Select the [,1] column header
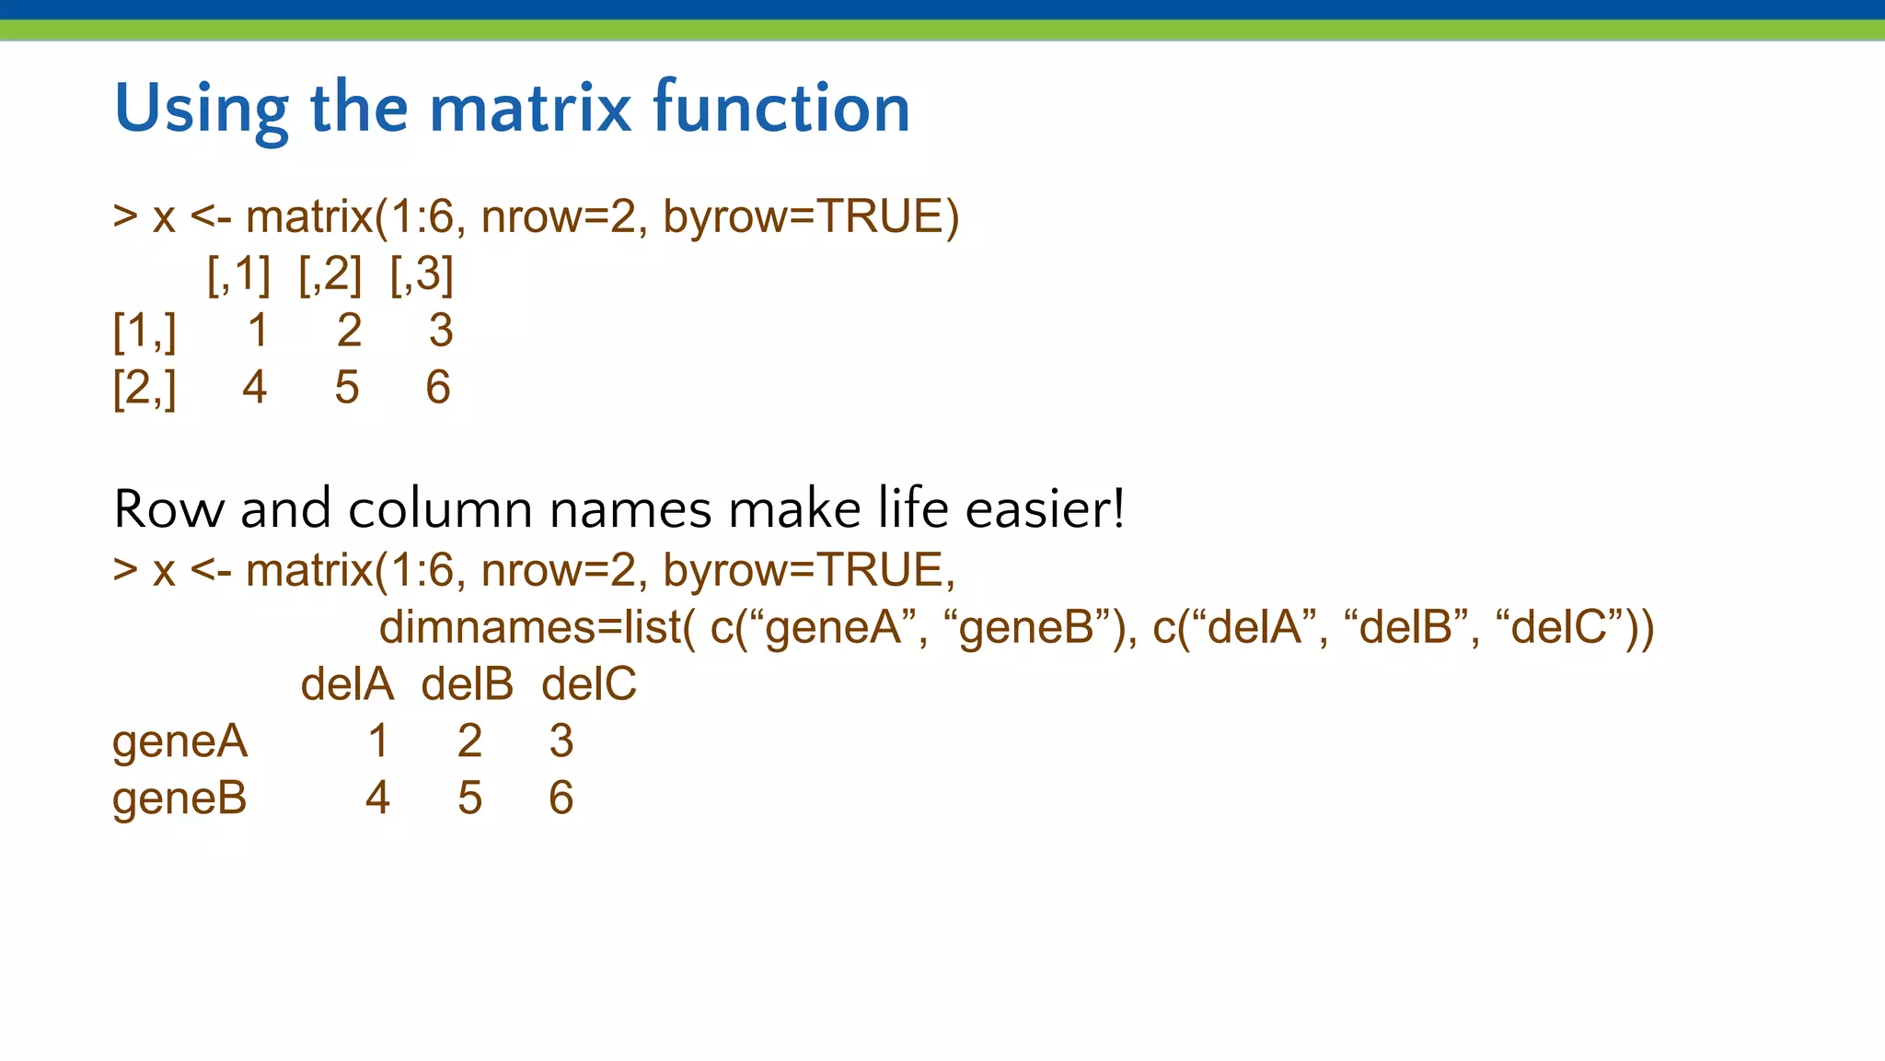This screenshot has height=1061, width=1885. click(238, 274)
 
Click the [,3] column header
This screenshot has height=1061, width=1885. click(422, 274)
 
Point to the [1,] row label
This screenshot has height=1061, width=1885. click(145, 331)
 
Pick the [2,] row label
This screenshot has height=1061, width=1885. click(145, 388)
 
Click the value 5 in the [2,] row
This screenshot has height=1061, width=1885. click(347, 388)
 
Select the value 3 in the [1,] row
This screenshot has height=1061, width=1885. click(441, 331)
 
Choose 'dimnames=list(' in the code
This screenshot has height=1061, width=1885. click(538, 628)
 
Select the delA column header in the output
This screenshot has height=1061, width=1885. click(347, 685)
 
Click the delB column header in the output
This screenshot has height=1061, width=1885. click(468, 685)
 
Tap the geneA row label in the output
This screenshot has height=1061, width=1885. click(179, 742)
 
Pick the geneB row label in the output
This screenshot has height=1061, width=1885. click(179, 799)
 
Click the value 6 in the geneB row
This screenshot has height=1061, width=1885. click(561, 799)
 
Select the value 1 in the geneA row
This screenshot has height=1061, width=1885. click(378, 742)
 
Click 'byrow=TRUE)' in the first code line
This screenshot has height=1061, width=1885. click(810, 218)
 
